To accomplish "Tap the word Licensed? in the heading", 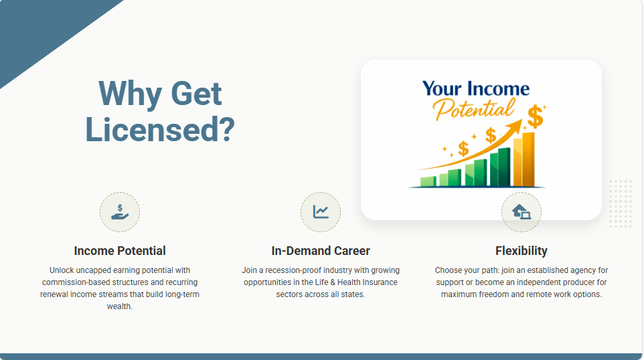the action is pos(160,129).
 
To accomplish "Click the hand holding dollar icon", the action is pos(120,212).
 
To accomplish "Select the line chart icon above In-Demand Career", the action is pos(321,212).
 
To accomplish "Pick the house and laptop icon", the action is pos(521,212).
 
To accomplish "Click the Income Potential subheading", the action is pos(120,251).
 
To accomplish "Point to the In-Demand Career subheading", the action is pos(321,251).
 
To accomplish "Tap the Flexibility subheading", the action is pos(521,251).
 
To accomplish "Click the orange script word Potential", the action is pos(473,109).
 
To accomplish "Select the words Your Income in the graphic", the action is pos(476,89).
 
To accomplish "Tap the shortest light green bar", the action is pos(428,181).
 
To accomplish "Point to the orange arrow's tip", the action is pos(521,120).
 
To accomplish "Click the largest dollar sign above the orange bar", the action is pos(535,116).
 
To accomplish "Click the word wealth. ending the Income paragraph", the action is pos(120,306).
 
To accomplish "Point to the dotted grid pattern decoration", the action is pos(620,203).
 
